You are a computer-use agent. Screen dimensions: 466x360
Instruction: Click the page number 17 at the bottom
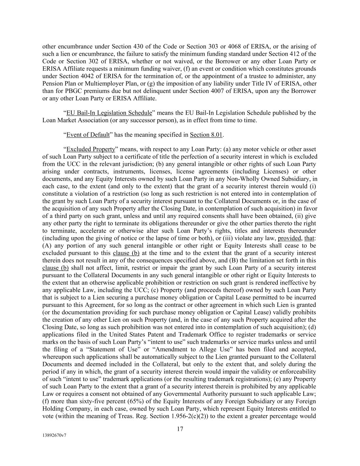pyautogui.click(x=180, y=429)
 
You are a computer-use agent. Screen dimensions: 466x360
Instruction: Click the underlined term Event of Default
pyautogui.click(x=88, y=135)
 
